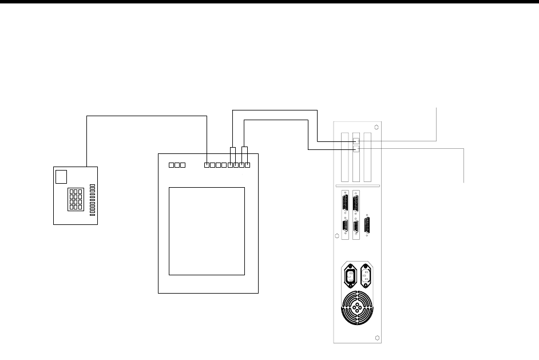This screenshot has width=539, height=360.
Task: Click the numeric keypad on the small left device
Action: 75,198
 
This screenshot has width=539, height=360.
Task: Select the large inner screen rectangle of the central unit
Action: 207,231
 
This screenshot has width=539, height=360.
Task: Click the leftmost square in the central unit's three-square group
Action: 172,165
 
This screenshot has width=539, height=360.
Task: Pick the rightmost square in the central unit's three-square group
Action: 184,165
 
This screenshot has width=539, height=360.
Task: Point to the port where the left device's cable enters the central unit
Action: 207,165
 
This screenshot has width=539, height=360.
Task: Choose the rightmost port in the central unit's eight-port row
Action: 248,165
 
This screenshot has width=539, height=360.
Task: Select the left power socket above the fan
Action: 348,276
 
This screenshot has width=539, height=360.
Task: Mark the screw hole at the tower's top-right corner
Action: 376,127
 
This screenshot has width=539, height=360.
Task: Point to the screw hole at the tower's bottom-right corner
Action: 376,338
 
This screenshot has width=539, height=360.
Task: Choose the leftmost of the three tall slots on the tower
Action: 344,157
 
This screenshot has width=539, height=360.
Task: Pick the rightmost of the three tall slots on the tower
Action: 367,157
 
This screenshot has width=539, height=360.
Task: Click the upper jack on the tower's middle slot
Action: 356,141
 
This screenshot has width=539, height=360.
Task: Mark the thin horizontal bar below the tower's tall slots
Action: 358,187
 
